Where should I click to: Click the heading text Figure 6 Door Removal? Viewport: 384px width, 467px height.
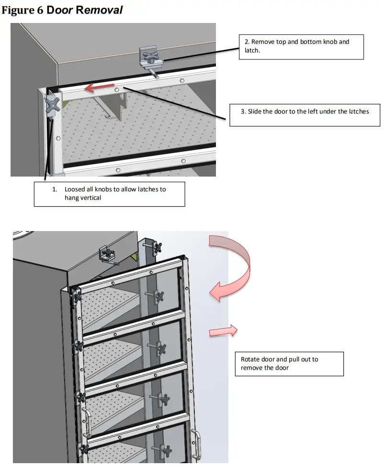pos(62,11)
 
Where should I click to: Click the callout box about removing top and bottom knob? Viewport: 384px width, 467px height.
pos(301,46)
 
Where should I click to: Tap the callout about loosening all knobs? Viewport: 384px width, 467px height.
pos(109,193)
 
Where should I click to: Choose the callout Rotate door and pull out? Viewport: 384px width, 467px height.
pos(289,364)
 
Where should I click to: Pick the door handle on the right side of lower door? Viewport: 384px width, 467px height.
pos(197,442)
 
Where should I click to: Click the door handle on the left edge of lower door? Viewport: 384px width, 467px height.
pos(87,421)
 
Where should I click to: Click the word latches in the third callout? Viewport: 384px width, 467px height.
pos(359,111)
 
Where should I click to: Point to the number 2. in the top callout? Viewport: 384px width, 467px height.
pos(247,42)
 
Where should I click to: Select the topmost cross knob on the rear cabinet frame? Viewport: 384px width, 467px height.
pos(156,247)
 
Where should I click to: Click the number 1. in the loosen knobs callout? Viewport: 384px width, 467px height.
pos(55,189)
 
